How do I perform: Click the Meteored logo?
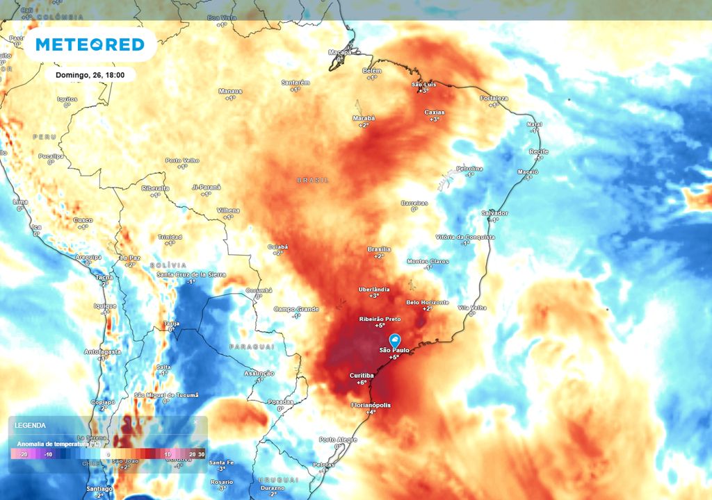coord(90,45)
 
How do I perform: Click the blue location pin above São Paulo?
coord(394,340)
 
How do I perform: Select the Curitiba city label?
coord(362,376)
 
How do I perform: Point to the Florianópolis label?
coord(371,405)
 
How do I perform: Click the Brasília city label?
coord(378,249)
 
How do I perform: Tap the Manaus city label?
coord(230,91)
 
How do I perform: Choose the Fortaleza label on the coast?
coord(494,99)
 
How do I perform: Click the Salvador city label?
coord(494,213)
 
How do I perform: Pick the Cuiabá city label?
coord(277,247)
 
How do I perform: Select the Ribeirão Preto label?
coord(380,318)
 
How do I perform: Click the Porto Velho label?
coord(182,160)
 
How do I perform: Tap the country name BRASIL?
coord(312,180)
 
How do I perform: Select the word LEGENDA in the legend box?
coord(30,425)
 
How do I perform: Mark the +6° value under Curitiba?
coord(362,383)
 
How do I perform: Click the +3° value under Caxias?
coord(434,119)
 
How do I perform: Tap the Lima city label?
coord(20,201)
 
